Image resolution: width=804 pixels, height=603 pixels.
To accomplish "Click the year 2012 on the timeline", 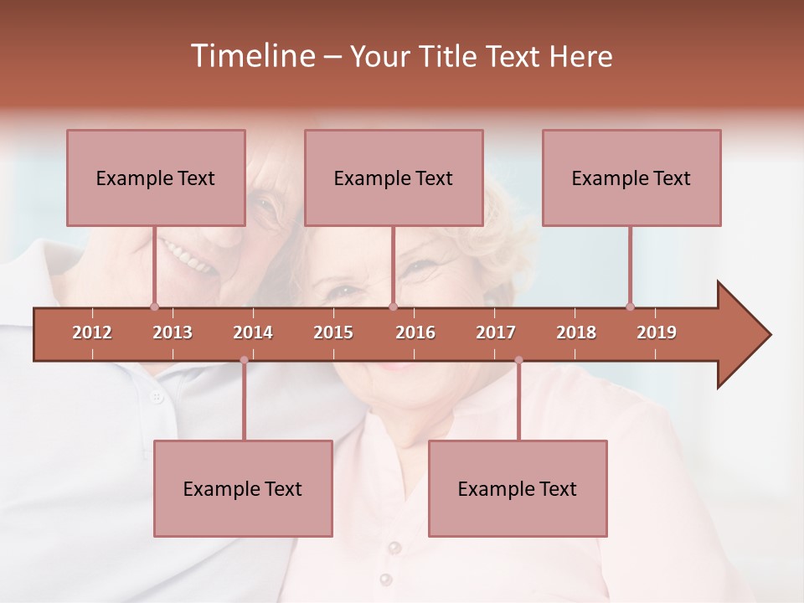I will [92, 332].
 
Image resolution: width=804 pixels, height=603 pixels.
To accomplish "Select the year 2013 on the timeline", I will [173, 332].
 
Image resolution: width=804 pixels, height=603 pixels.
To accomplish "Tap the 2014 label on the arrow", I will [253, 332].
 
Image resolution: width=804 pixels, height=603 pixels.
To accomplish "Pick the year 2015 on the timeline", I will [333, 332].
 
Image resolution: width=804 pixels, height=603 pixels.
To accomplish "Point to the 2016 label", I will [415, 332].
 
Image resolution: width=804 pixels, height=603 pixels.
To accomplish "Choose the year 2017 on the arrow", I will [496, 332].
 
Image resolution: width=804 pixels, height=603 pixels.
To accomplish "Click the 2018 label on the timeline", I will [576, 332].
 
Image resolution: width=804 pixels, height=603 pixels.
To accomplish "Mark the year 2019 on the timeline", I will [657, 332].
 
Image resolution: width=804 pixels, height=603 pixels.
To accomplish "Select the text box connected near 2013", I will [156, 178].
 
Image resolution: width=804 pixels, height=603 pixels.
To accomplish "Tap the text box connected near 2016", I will [394, 178].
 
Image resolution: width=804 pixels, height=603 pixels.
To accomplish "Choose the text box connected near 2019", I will [631, 178].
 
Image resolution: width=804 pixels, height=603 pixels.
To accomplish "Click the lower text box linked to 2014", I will [243, 488].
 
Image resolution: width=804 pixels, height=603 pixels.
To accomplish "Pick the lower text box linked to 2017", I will [518, 488].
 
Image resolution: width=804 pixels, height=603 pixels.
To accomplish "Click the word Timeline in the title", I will [251, 56].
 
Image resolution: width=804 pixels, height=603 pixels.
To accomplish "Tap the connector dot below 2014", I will [244, 360].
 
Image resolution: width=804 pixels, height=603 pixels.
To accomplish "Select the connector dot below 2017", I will [518, 360].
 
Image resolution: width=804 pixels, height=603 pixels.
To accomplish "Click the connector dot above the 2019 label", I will [630, 307].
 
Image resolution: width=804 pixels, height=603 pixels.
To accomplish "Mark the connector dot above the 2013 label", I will [154, 307].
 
